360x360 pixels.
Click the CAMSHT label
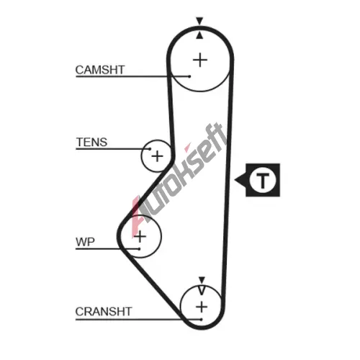[x=100, y=70]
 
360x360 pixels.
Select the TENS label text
[x=91, y=142]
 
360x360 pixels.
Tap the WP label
[x=85, y=242]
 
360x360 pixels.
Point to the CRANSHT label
[x=104, y=312]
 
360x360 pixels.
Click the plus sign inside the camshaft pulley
[x=200, y=60]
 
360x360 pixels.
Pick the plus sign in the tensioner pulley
[x=158, y=156]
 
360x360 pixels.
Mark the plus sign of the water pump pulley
[x=140, y=237]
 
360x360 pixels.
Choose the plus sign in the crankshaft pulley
[x=202, y=307]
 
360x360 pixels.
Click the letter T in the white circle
[x=263, y=180]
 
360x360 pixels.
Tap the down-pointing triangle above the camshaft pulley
[x=199, y=21]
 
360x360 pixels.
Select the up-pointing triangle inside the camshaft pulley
[x=199, y=35]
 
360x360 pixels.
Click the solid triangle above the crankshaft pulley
[x=202, y=280]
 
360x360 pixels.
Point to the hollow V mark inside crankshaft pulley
[x=202, y=290]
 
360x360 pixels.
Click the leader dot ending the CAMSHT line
[x=189, y=76]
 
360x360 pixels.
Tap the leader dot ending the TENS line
[x=150, y=149]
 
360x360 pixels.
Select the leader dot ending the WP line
[x=139, y=249]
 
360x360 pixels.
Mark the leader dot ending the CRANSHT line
[x=202, y=320]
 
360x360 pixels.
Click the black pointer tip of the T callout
[x=235, y=180]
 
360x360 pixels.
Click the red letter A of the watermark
[x=137, y=216]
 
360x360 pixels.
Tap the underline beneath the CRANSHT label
[x=138, y=320]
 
